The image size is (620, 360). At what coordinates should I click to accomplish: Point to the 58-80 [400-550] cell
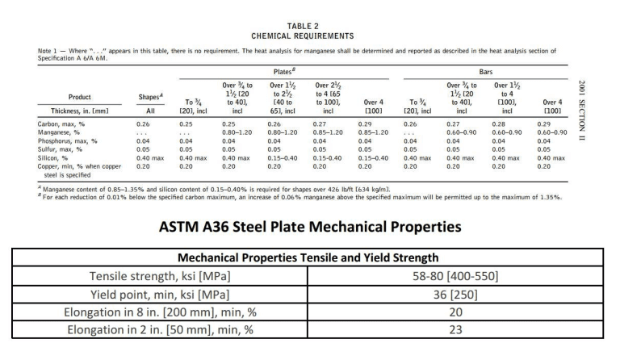(x=457, y=276)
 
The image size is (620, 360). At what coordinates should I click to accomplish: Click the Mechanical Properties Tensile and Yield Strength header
(x=309, y=258)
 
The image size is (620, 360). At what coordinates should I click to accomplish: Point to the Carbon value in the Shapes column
(x=142, y=124)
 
